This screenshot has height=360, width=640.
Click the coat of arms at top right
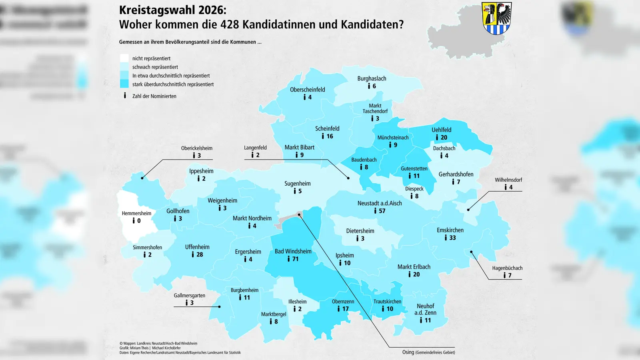(x=496, y=18)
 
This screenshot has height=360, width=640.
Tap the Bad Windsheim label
(x=293, y=251)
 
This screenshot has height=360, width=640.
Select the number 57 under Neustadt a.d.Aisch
(x=382, y=211)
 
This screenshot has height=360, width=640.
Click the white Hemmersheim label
(x=136, y=213)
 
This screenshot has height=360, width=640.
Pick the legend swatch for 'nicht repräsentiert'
(x=124, y=58)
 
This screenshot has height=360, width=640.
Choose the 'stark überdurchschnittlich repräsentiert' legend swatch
(x=124, y=84)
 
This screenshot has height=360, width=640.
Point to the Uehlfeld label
(x=441, y=130)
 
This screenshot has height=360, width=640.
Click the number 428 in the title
(x=230, y=24)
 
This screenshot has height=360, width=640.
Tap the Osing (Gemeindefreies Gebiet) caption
(x=428, y=352)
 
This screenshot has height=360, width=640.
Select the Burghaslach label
(x=372, y=78)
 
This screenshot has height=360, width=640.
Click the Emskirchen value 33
(x=452, y=238)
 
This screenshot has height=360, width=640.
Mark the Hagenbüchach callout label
(x=507, y=268)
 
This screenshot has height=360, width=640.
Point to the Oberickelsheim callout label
(x=196, y=148)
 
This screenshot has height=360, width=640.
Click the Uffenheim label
(x=197, y=247)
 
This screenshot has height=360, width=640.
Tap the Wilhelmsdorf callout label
(x=508, y=180)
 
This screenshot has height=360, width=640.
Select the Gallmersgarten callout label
(x=189, y=295)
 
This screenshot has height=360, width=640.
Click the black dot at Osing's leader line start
(x=299, y=215)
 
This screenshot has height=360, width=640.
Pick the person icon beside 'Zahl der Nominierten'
(x=125, y=96)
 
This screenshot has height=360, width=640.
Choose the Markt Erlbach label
(x=414, y=267)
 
